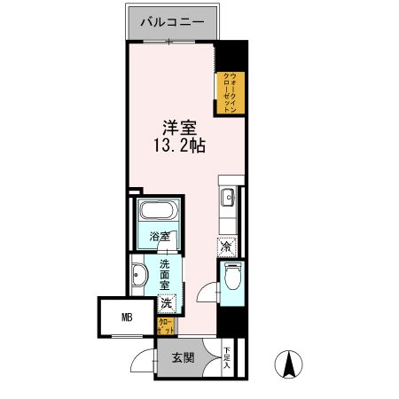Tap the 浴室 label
tap(160, 238)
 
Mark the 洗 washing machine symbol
tap(167, 303)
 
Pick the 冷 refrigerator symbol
tap(228, 246)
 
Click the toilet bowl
tap(232, 278)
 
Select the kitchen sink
tap(226, 196)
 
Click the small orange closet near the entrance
tap(165, 326)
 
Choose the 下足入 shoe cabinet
tap(228, 357)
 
